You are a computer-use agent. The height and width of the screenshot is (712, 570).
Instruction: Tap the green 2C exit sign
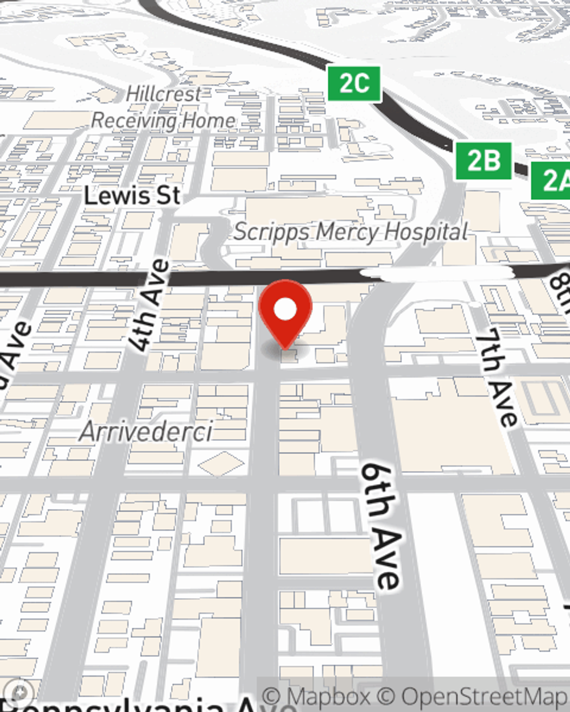coord(354,84)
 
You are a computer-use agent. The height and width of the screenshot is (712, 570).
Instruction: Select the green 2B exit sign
coord(483,161)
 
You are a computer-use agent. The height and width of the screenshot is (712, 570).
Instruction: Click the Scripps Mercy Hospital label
coord(351,232)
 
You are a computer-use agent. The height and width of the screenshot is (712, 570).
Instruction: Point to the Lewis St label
coord(132,196)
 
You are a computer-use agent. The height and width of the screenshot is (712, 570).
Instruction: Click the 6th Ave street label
coord(380,525)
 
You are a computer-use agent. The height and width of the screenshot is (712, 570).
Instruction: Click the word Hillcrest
coord(164,94)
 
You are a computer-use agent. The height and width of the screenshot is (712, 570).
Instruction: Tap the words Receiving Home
coord(163,121)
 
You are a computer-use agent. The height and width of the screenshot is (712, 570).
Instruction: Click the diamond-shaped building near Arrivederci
coord(221,463)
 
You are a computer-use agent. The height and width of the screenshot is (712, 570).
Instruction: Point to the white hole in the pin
coord(285,310)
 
